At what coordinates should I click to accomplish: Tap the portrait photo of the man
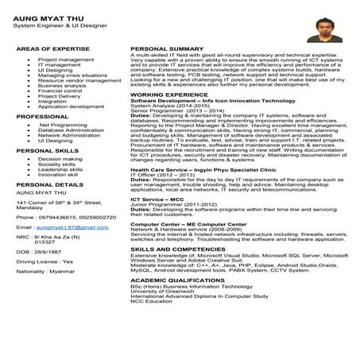(x=323, y=30)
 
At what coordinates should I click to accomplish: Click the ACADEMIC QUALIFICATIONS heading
(x=180, y=303)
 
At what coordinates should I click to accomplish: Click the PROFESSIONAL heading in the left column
(x=42, y=116)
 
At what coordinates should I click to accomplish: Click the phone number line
(x=59, y=216)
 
